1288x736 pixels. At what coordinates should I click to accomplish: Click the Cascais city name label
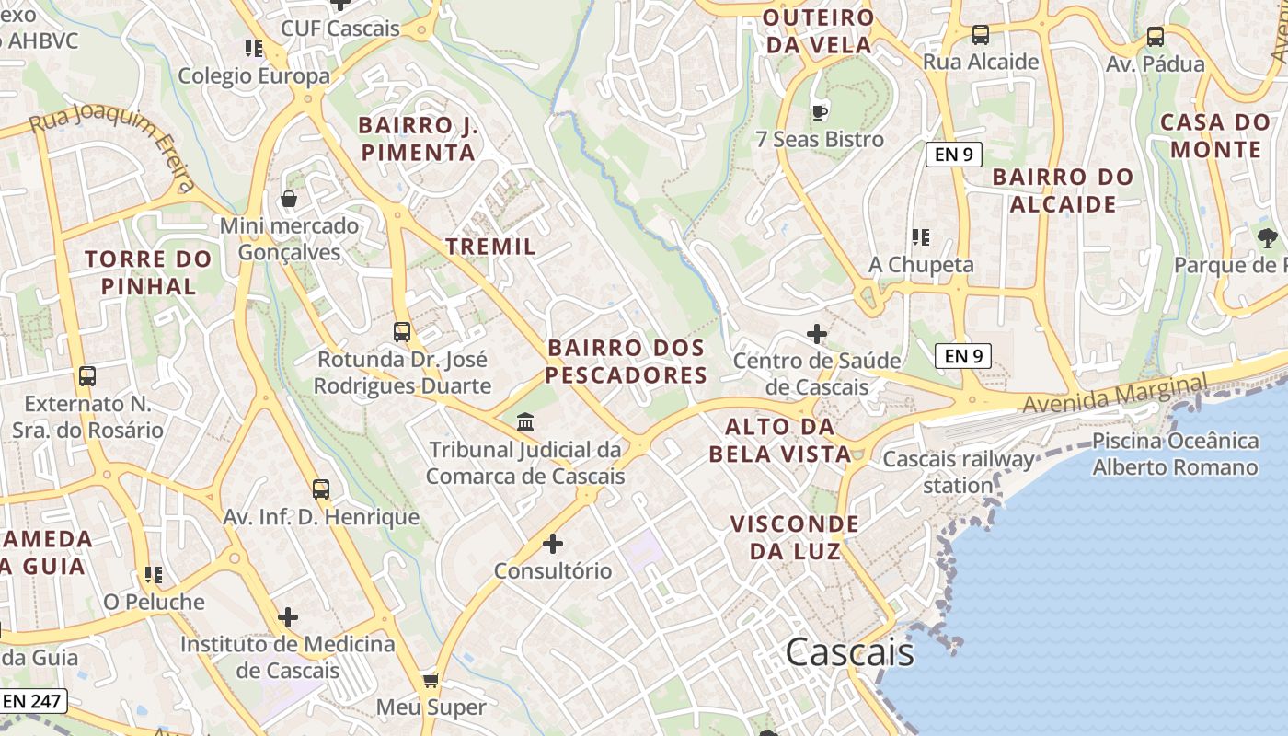(849, 652)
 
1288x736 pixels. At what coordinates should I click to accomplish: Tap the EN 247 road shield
(32, 701)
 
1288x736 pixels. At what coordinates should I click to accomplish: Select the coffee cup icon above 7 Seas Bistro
(819, 113)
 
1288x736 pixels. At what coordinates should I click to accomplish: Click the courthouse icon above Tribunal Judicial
(525, 422)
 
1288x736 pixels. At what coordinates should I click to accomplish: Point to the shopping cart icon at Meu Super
(431, 681)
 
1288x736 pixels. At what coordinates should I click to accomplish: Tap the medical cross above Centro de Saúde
(816, 334)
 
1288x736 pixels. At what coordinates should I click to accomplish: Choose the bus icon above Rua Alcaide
(981, 36)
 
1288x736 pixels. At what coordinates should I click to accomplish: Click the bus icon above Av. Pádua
(1155, 37)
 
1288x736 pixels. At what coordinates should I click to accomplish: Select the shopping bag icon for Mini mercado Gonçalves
(289, 199)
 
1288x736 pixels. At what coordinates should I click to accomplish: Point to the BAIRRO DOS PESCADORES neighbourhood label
(627, 362)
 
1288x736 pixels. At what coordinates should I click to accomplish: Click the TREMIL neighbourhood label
(490, 247)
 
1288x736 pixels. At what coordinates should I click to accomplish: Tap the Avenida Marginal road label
(1114, 393)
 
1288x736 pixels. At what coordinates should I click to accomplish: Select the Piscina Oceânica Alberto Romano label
(1175, 454)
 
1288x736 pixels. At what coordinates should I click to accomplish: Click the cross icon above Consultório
(553, 544)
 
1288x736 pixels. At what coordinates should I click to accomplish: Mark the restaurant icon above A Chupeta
(920, 237)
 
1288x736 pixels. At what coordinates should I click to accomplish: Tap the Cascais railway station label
(958, 472)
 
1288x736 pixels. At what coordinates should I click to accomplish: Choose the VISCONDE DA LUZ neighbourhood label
(795, 537)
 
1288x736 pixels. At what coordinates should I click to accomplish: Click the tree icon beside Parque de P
(1267, 238)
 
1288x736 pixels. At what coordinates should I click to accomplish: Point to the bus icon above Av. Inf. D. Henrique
(320, 489)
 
